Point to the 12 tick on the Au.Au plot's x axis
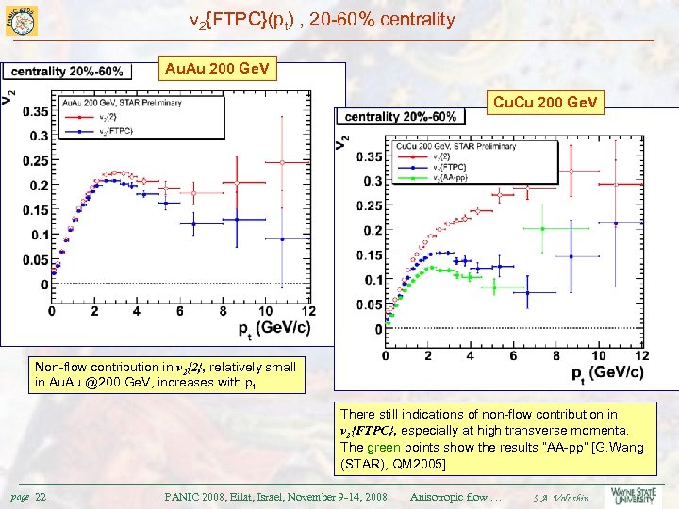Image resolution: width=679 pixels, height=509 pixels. point(307,311)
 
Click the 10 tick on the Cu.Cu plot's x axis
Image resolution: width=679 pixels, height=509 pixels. point(598,355)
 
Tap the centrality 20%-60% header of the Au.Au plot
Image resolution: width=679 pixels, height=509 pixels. point(66,71)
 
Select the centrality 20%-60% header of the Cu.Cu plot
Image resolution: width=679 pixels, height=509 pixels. point(401,117)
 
